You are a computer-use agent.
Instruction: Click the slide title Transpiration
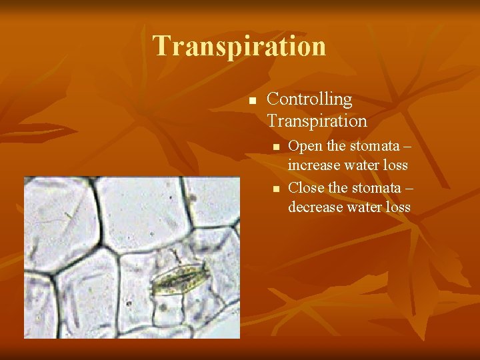(239, 46)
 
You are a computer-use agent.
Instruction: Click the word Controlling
(309, 99)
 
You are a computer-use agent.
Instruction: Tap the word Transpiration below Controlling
(317, 121)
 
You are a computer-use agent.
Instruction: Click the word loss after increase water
(395, 164)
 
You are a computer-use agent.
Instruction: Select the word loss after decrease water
(397, 207)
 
